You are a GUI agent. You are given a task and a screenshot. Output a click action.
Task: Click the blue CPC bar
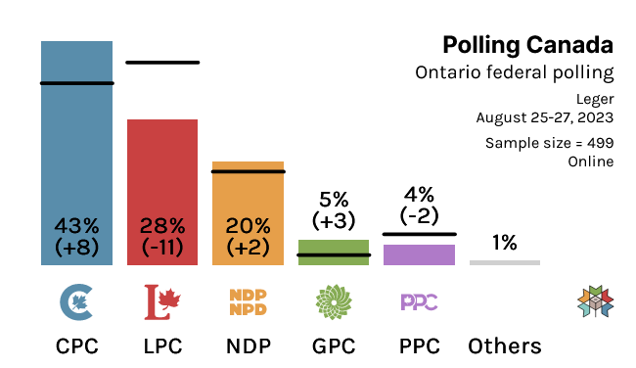coord(76,147)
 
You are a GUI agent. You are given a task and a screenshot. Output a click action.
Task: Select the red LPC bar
coord(162,176)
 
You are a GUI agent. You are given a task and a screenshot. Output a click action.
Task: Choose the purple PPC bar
coord(419,254)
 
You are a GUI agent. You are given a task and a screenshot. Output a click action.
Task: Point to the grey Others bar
coord(505,262)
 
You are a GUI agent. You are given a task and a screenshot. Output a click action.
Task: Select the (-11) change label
coord(162,248)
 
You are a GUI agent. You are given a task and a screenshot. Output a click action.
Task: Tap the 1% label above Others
coord(505,243)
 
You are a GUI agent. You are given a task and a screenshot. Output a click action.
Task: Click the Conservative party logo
coord(77,302)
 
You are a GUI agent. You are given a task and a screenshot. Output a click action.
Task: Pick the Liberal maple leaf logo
coord(162,302)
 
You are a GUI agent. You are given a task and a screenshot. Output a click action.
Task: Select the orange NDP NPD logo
coord(248,302)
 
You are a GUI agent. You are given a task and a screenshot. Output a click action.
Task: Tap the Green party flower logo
coord(334,302)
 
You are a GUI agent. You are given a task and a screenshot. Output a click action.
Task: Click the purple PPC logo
coord(419,301)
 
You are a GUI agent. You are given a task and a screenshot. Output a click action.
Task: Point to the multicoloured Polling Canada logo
coord(595,302)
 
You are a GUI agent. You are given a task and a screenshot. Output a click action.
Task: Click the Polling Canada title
coord(527,45)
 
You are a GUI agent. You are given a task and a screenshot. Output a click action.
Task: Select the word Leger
coord(595,98)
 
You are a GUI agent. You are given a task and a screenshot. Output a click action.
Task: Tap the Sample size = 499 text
coord(549,143)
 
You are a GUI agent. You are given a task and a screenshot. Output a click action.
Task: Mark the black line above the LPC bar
coord(162,63)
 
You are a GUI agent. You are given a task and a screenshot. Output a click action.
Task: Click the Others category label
coord(505,346)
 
